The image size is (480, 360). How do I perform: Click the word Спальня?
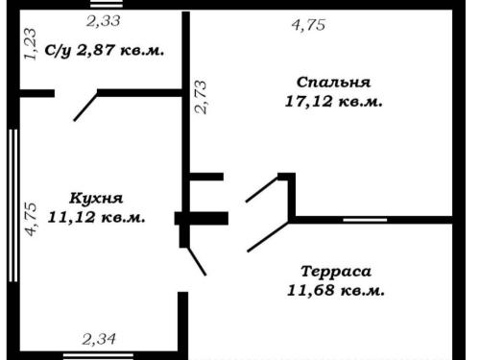(x=333, y=83)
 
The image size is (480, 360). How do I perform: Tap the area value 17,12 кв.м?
(x=333, y=102)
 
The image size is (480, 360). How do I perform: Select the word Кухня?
(x=96, y=198)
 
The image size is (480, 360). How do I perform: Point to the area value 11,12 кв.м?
(x=96, y=218)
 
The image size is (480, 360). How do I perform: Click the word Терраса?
(x=336, y=272)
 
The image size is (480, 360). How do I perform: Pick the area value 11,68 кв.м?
(x=336, y=291)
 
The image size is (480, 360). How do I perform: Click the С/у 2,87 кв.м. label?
(x=105, y=51)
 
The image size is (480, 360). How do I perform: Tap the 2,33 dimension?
(x=104, y=21)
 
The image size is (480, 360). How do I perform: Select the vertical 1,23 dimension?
(x=31, y=44)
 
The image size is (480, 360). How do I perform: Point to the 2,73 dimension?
(x=201, y=97)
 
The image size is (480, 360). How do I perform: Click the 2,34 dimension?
(x=99, y=339)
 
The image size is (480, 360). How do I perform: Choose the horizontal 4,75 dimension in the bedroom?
(x=308, y=25)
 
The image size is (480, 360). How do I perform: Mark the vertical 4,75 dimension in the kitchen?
(x=32, y=220)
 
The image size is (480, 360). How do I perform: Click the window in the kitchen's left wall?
(x=13, y=205)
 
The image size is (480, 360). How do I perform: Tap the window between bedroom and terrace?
(x=365, y=220)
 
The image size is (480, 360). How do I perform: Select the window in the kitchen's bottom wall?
(x=98, y=356)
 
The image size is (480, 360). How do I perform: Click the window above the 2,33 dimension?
(x=107, y=5)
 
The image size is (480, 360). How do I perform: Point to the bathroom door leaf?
(x=85, y=106)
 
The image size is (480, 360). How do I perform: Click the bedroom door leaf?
(x=262, y=189)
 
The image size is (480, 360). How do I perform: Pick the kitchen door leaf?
(x=196, y=261)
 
